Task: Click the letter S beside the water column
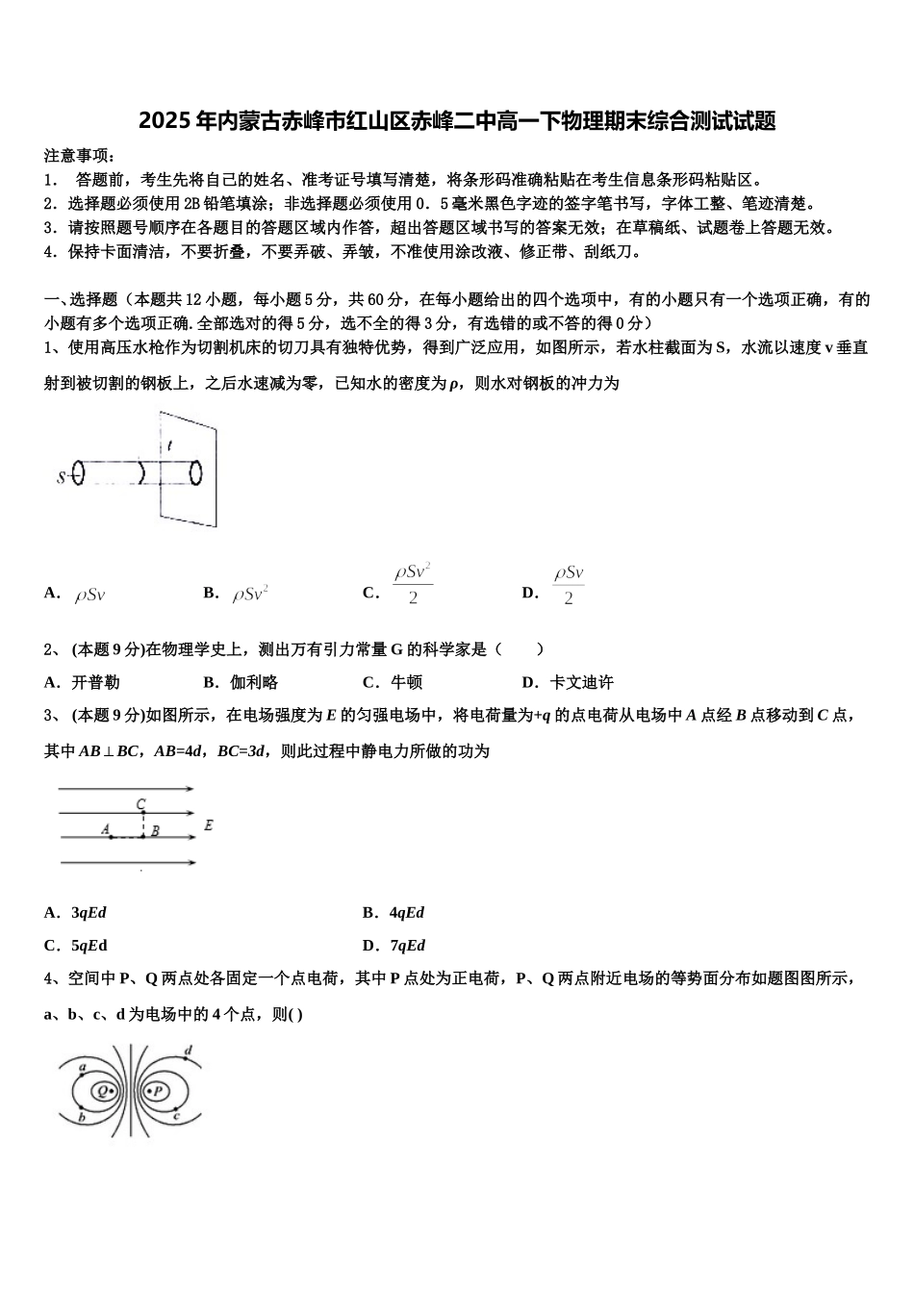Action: (x=63, y=475)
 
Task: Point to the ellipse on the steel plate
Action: (x=197, y=473)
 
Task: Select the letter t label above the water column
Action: (x=169, y=445)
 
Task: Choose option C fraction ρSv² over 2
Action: (x=412, y=584)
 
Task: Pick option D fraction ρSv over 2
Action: (x=569, y=584)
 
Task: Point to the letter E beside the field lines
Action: (x=209, y=825)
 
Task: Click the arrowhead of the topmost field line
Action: (x=190, y=789)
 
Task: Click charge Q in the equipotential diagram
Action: (x=102, y=1091)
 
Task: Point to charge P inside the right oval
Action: (x=158, y=1091)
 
